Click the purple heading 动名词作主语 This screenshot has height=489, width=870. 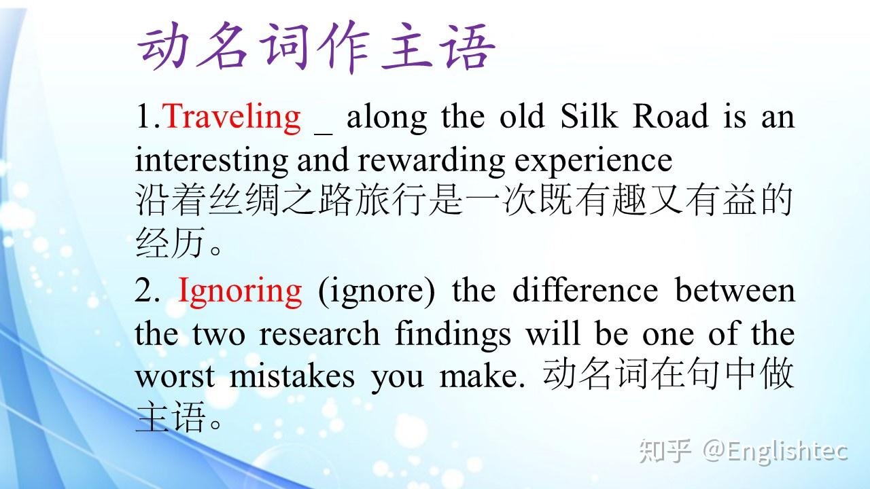coord(317,47)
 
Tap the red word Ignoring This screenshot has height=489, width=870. coord(240,292)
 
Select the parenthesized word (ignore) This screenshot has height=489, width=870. coord(377,292)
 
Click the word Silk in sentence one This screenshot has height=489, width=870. coord(589,115)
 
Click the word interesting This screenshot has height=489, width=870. coord(211,160)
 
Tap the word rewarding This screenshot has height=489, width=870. coord(432,160)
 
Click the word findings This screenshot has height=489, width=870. coord(453,335)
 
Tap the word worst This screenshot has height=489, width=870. coord(175,376)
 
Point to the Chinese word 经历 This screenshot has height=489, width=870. coord(170,242)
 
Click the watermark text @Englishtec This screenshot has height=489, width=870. coord(776,452)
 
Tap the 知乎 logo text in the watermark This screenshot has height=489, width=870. coord(665,451)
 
